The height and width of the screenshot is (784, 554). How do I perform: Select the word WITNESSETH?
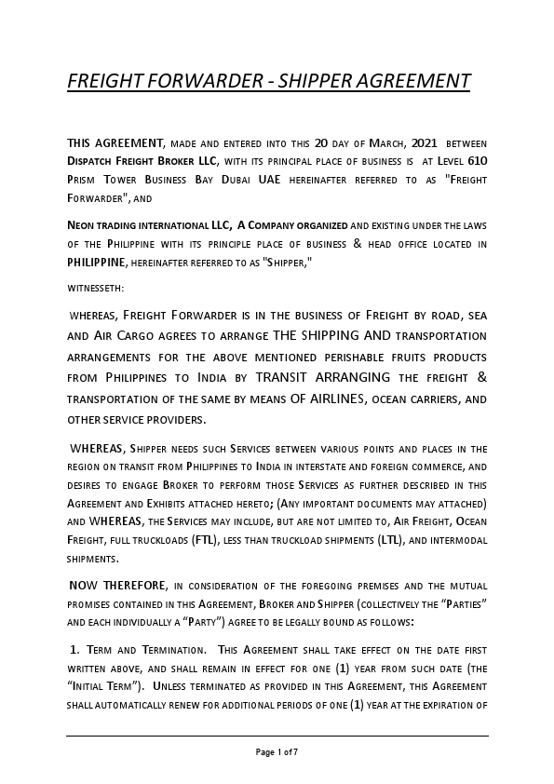pos(95,288)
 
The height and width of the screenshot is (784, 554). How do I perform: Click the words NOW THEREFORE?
pos(116,586)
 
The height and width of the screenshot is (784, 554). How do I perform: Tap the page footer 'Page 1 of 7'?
pos(277,750)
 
